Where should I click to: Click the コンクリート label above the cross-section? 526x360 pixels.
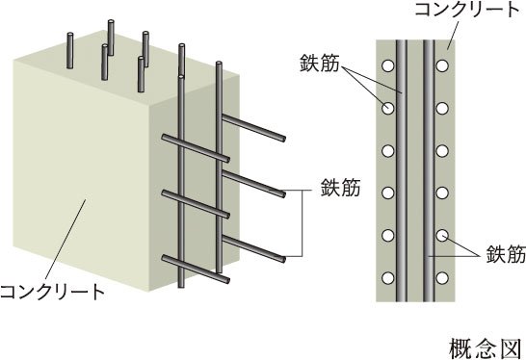click(467, 10)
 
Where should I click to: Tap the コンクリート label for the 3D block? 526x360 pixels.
click(52, 292)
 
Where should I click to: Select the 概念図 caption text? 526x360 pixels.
click(486, 348)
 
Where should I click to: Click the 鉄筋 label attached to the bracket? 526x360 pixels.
click(340, 188)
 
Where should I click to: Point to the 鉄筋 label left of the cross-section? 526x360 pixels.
click(320, 63)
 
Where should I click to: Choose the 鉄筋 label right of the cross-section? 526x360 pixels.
click(506, 254)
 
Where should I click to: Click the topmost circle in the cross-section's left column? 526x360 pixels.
click(388, 65)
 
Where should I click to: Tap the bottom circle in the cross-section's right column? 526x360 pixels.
click(442, 278)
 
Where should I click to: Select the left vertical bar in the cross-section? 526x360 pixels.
click(402, 170)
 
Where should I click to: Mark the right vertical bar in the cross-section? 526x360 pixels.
click(429, 170)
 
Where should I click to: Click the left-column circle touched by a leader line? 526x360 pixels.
click(388, 108)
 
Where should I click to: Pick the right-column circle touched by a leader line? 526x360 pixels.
click(442, 235)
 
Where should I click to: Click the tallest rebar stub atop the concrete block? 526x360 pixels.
click(111, 38)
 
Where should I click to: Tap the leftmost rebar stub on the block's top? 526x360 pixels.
click(69, 50)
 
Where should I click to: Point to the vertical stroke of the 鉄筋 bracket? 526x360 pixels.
click(302, 224)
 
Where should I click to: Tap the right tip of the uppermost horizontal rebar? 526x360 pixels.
click(284, 139)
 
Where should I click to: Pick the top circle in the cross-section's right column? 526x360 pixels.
click(442, 65)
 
